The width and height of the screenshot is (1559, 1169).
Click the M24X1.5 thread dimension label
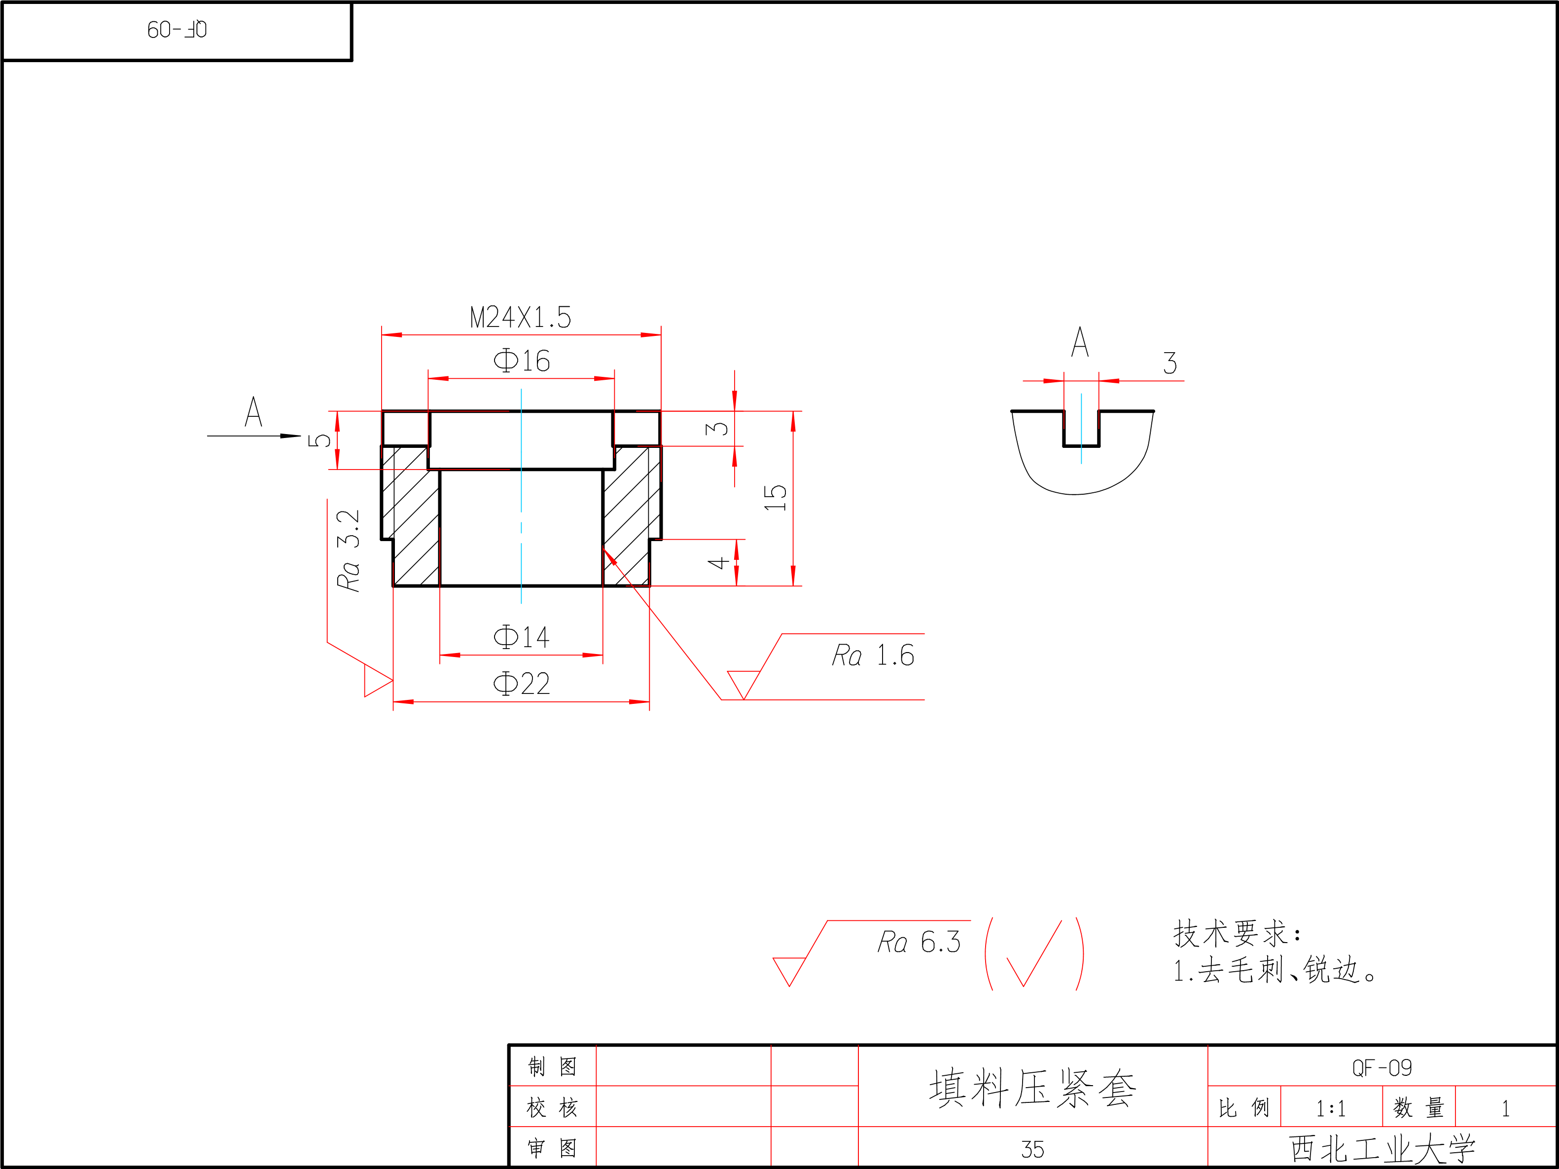point(520,318)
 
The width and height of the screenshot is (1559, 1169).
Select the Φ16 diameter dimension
point(522,361)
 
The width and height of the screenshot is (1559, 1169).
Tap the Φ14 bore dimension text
point(522,637)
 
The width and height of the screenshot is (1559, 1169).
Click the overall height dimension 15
point(775,498)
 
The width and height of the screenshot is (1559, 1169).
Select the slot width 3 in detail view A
point(1170,364)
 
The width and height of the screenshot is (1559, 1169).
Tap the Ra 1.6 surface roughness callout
point(873,656)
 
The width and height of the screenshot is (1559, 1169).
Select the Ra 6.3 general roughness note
point(919,943)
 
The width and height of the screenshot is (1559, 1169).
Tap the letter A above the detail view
point(1080,343)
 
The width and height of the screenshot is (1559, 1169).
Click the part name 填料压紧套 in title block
point(1032,1089)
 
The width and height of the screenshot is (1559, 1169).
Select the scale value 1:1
point(1331,1109)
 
